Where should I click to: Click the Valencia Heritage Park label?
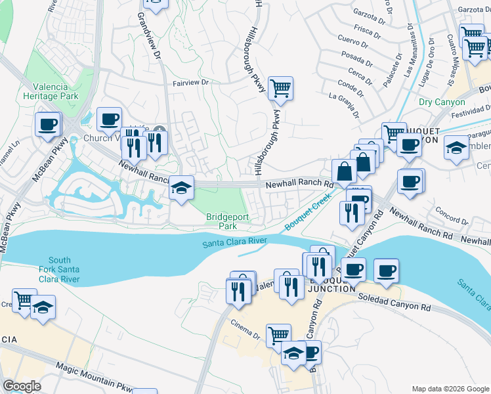tap(56, 92)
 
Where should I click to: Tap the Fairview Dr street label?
tap(190, 83)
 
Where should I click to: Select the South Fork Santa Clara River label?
tap(64, 270)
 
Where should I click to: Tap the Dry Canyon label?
tap(442, 102)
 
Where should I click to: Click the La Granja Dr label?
tap(344, 105)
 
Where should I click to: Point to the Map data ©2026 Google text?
tap(450, 388)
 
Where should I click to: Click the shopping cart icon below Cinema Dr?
tap(279, 335)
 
